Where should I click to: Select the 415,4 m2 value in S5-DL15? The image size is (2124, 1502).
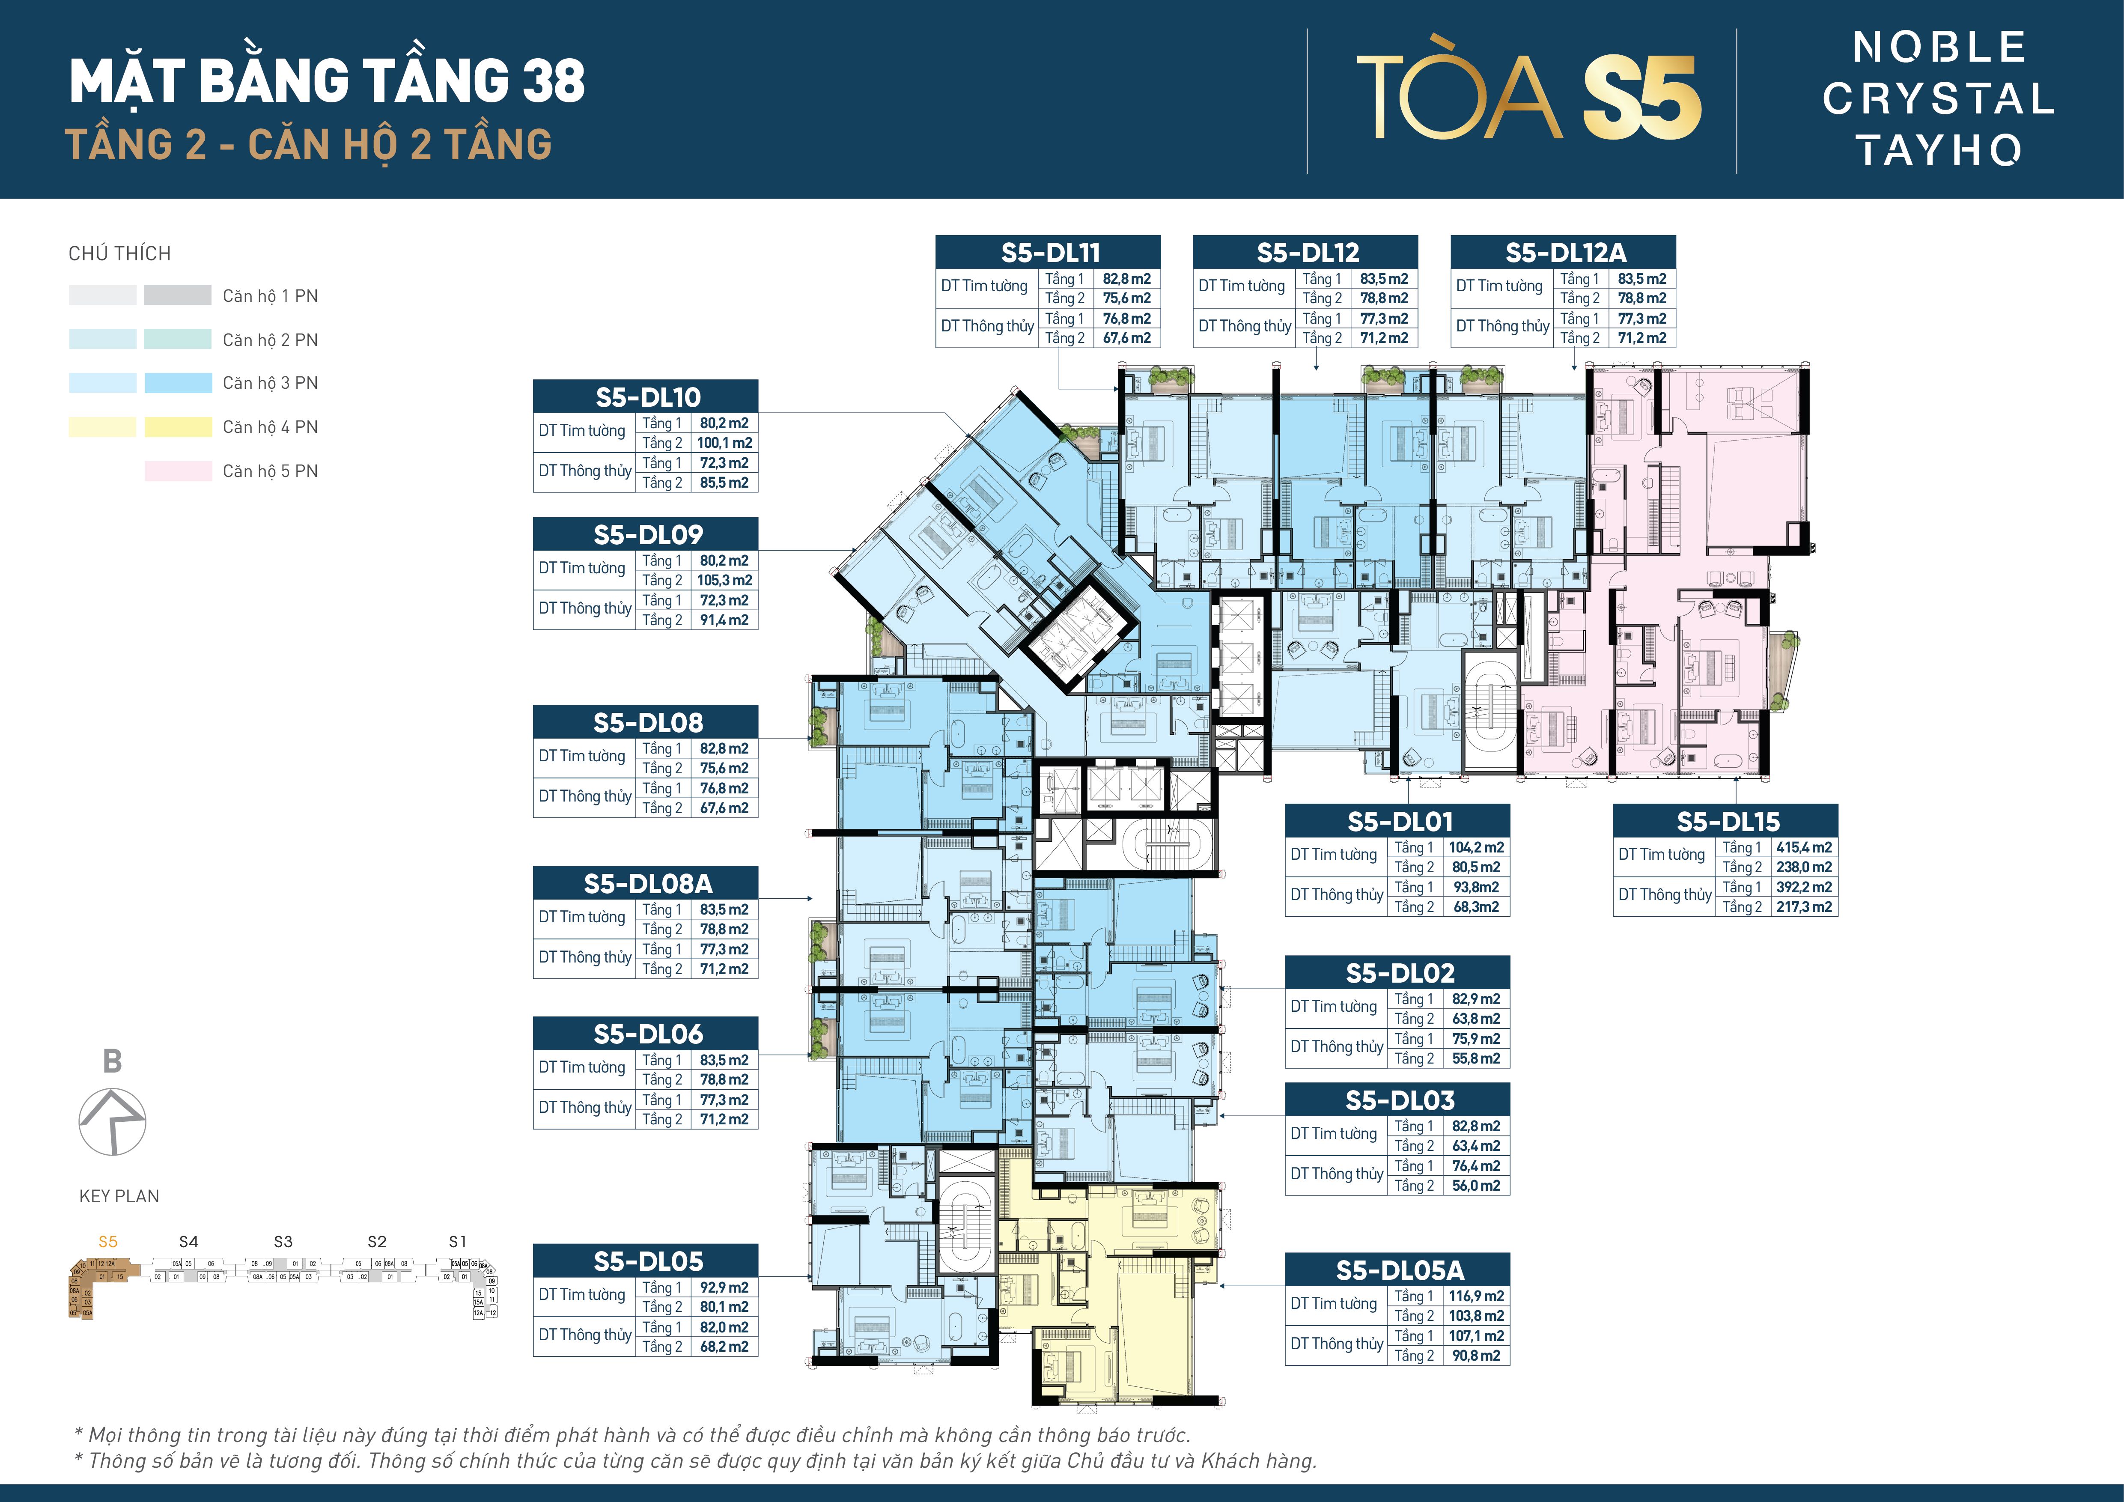(1803, 847)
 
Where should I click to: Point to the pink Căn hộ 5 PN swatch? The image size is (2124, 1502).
(178, 471)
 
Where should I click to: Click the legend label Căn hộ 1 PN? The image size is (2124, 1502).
(270, 296)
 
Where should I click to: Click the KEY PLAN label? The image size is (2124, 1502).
(119, 1196)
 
